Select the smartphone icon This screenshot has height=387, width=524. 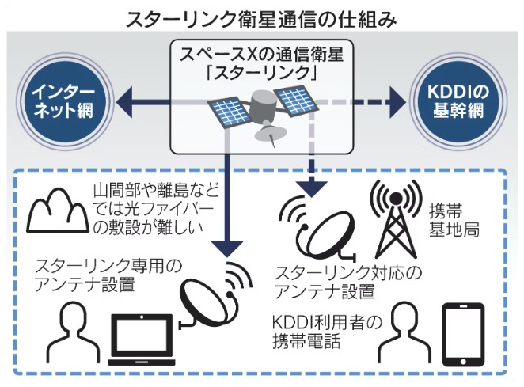(462, 332)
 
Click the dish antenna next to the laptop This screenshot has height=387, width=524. (215, 297)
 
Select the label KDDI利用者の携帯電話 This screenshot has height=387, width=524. (329, 332)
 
